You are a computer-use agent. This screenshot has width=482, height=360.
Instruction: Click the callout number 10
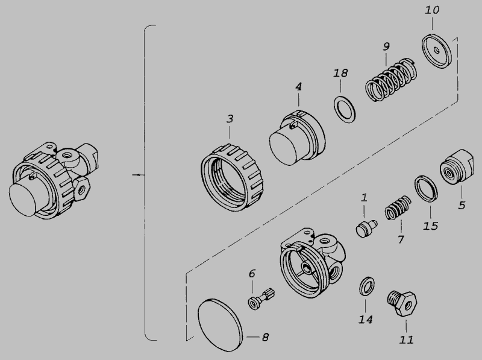pos(432,10)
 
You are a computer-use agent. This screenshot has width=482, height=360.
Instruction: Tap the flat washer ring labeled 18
pos(345,109)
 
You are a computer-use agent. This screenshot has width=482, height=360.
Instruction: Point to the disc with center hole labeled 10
pos(437,51)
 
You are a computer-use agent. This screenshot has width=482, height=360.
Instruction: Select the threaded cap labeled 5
pos(457,167)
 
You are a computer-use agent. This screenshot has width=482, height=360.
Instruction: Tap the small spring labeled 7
pos(398,207)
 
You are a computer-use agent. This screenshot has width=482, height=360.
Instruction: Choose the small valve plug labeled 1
pos(366,229)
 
